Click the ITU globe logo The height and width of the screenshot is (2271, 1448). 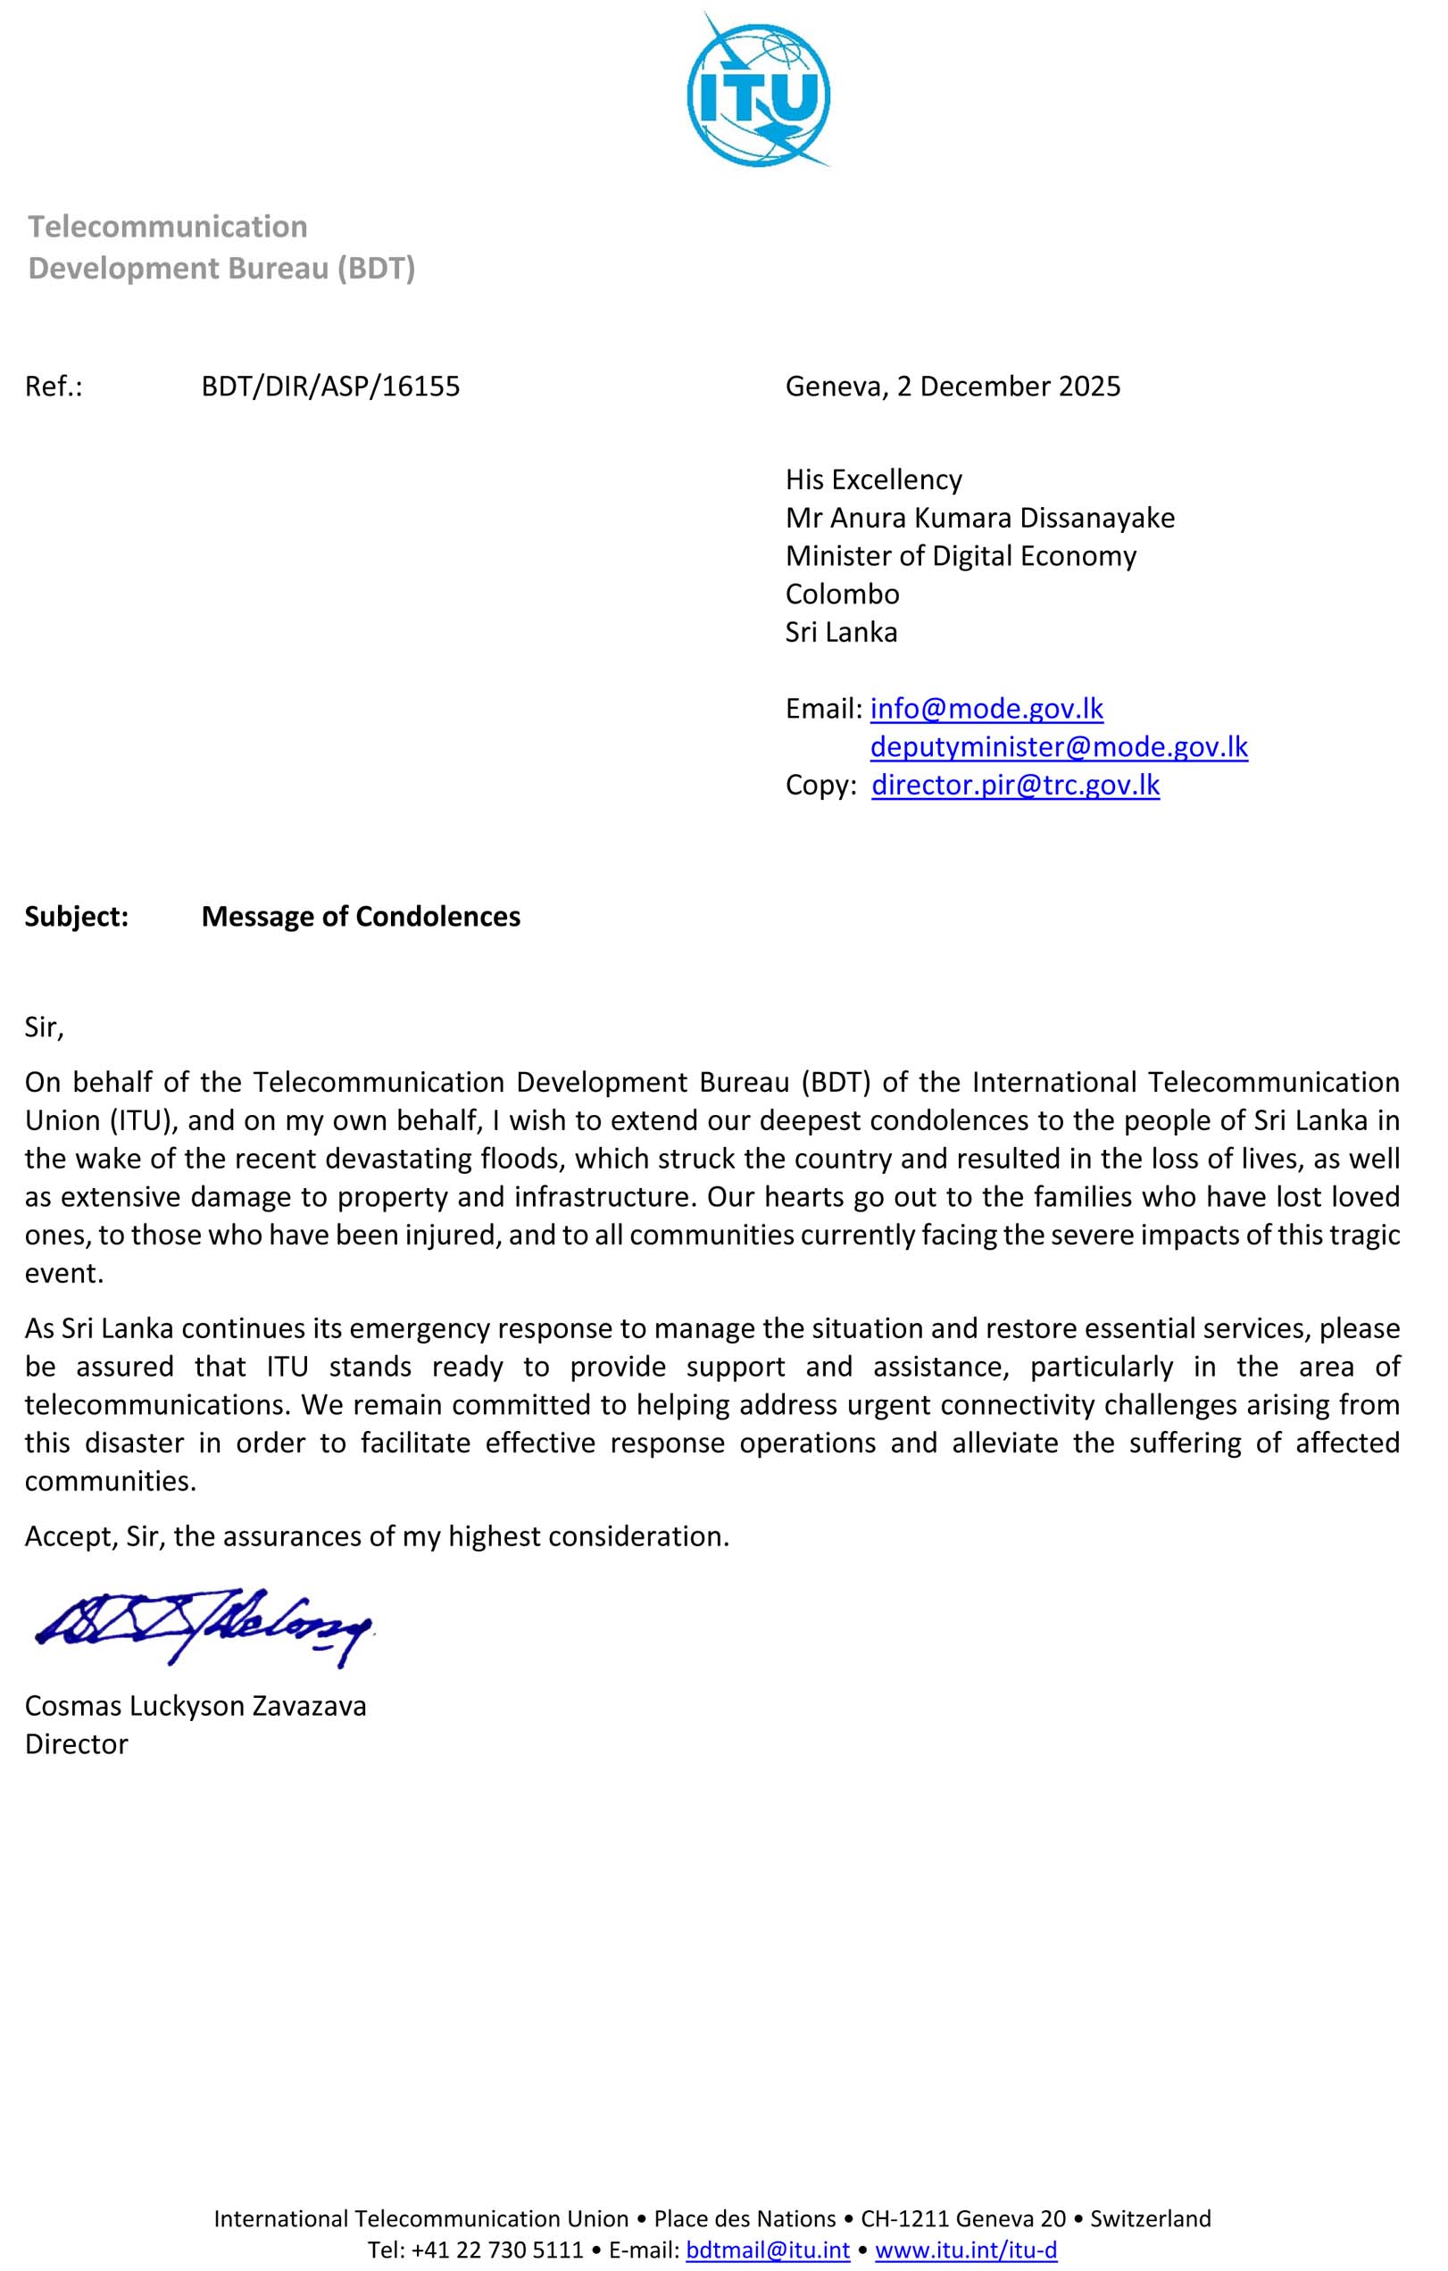759,90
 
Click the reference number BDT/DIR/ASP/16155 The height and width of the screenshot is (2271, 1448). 330,387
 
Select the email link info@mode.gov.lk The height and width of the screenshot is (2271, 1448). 986,708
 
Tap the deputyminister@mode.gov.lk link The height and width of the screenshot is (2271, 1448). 1059,747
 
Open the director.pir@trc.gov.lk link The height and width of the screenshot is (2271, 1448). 1015,785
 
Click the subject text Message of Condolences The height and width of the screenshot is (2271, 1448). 361,917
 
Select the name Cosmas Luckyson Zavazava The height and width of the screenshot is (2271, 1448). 196,1705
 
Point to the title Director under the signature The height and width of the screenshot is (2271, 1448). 77,1743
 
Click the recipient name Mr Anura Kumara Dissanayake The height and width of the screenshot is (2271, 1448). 979,518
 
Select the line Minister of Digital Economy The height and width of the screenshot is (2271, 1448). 961,556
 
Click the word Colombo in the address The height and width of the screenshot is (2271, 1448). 843,595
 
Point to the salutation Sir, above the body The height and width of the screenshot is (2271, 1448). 45,1027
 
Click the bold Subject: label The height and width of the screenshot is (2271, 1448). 77,917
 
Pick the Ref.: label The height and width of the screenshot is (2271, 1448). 54,387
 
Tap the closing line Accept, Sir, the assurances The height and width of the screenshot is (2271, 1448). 377,1536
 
